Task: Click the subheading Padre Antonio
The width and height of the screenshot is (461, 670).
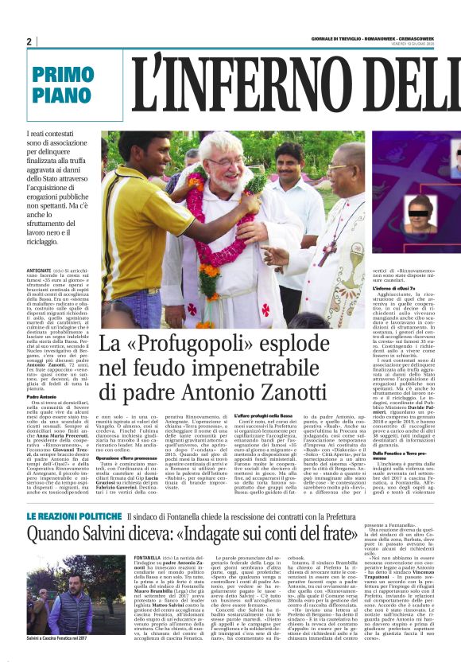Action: [44, 374]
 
